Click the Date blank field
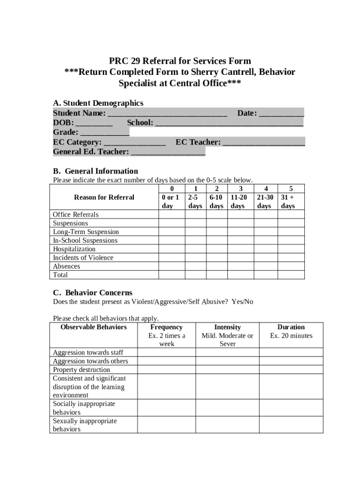(281, 114)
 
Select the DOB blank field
(94, 123)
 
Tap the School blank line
(229, 123)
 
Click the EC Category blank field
(134, 142)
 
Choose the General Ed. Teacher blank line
(168, 152)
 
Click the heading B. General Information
(95, 171)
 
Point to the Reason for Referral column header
(104, 197)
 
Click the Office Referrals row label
(76, 215)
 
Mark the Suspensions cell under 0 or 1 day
(172, 224)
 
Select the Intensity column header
(227, 327)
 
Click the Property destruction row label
(81, 370)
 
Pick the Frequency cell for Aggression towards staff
(166, 353)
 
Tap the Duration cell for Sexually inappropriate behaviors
(291, 425)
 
